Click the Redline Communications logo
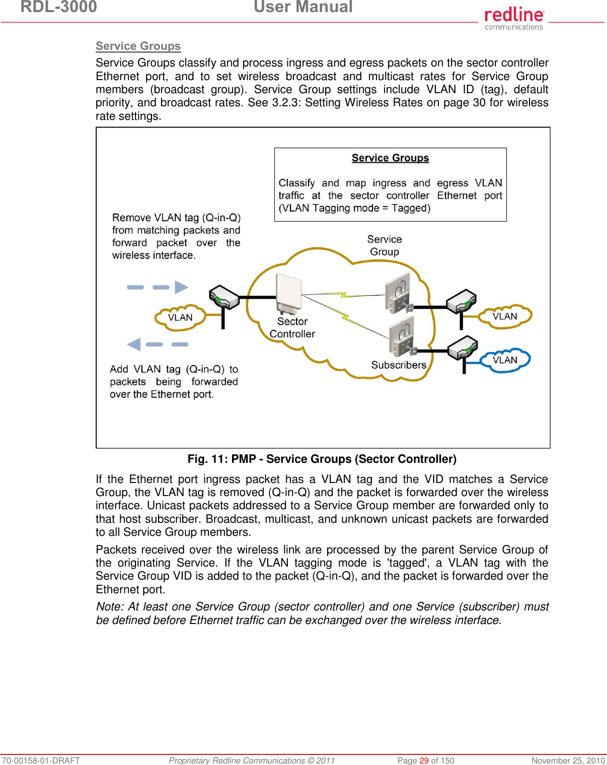tap(514, 18)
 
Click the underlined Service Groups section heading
tap(138, 46)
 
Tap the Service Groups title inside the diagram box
tap(390, 158)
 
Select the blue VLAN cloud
tap(505, 360)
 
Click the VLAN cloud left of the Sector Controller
tap(180, 317)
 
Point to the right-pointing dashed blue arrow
tap(158, 287)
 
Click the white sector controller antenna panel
tap(288, 294)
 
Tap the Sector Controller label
tap(292, 327)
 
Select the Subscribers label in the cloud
tap(399, 365)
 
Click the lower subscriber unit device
tap(402, 336)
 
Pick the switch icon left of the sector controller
tap(224, 297)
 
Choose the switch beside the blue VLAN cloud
tap(463, 347)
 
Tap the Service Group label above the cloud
tap(385, 245)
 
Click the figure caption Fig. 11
tap(322, 459)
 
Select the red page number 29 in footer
tap(424, 760)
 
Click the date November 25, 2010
tap(568, 760)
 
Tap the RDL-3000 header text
tap(58, 7)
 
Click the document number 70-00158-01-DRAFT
tap(41, 760)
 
